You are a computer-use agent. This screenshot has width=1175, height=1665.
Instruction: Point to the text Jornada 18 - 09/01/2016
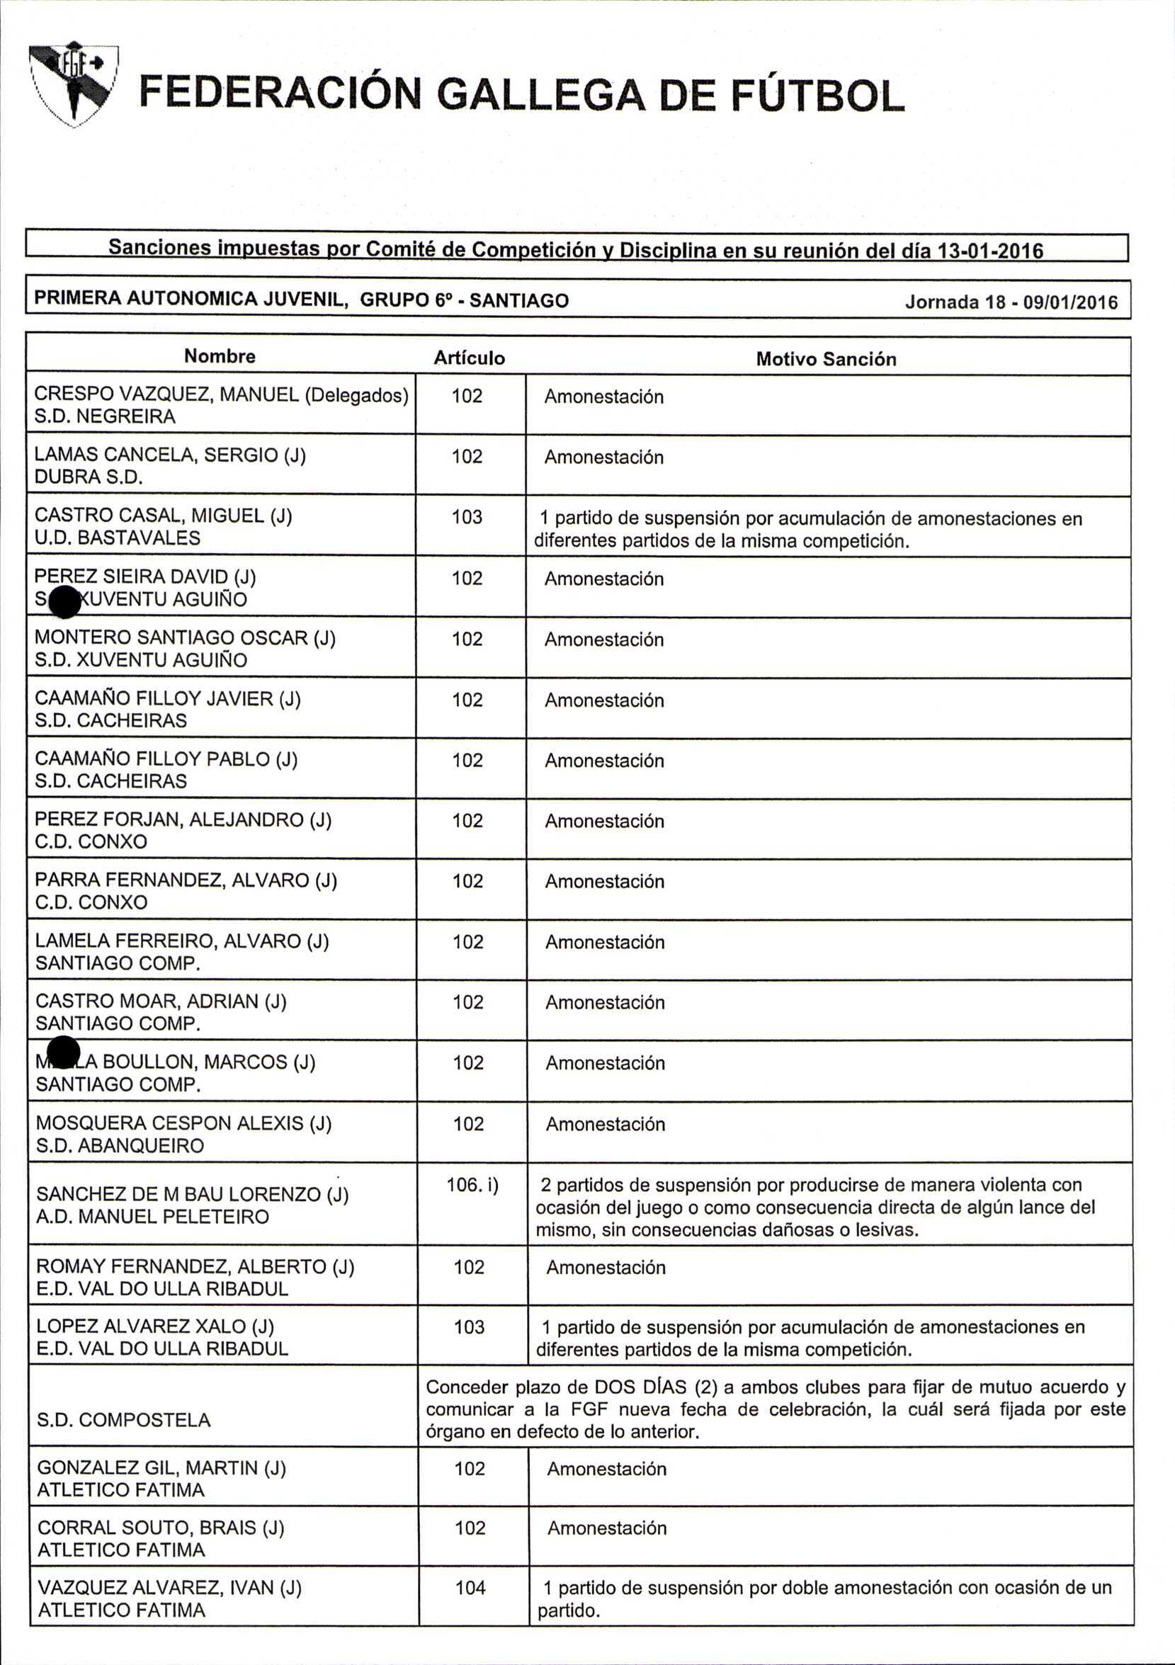(x=1011, y=302)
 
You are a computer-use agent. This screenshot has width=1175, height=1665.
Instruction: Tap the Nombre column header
(x=220, y=356)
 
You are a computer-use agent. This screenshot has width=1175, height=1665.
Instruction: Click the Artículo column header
(x=470, y=358)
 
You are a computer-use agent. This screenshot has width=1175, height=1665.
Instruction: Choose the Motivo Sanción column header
(x=826, y=359)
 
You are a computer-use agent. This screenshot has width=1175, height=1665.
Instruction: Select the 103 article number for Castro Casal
(x=467, y=517)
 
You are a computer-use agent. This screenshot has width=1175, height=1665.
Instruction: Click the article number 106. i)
(x=472, y=1185)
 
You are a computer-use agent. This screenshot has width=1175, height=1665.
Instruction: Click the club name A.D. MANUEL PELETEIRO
(x=152, y=1217)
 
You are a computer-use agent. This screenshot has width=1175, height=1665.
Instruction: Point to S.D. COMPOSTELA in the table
(x=124, y=1420)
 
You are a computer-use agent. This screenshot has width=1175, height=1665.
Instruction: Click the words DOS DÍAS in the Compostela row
(x=640, y=1387)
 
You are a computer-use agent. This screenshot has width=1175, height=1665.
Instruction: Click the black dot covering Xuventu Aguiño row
(x=65, y=602)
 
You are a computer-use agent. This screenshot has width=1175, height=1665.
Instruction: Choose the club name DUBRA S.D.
(x=89, y=477)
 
